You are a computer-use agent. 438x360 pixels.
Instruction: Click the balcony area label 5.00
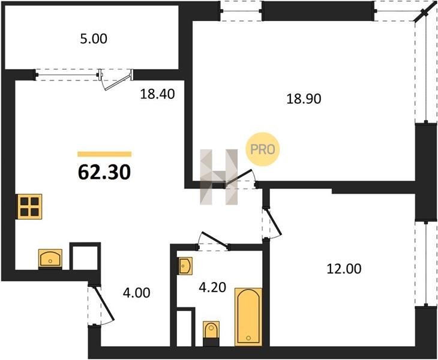[93, 39]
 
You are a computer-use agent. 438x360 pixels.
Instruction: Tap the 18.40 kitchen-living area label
[157, 94]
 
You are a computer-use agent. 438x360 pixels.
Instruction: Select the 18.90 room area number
[304, 99]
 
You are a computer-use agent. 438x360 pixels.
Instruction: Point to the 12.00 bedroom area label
[344, 269]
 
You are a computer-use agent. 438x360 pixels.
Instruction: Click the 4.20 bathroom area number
[212, 287]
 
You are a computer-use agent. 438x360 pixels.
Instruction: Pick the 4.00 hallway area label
[137, 293]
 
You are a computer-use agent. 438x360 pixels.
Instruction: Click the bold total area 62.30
[104, 172]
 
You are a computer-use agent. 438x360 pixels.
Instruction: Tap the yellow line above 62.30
[104, 154]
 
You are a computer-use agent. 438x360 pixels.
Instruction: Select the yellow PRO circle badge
[262, 149]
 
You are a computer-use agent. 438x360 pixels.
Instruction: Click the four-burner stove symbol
[29, 206]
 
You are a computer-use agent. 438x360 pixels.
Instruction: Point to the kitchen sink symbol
[50, 259]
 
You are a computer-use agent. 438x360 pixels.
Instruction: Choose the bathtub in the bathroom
[248, 317]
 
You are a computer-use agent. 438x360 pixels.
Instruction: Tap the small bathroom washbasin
[185, 265]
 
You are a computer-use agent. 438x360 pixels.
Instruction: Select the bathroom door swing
[214, 239]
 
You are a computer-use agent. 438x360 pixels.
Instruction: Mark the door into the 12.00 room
[273, 222]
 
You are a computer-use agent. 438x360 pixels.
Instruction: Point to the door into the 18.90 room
[240, 178]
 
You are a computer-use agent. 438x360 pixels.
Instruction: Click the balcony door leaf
[118, 81]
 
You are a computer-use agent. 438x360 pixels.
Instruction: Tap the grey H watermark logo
[219, 177]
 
